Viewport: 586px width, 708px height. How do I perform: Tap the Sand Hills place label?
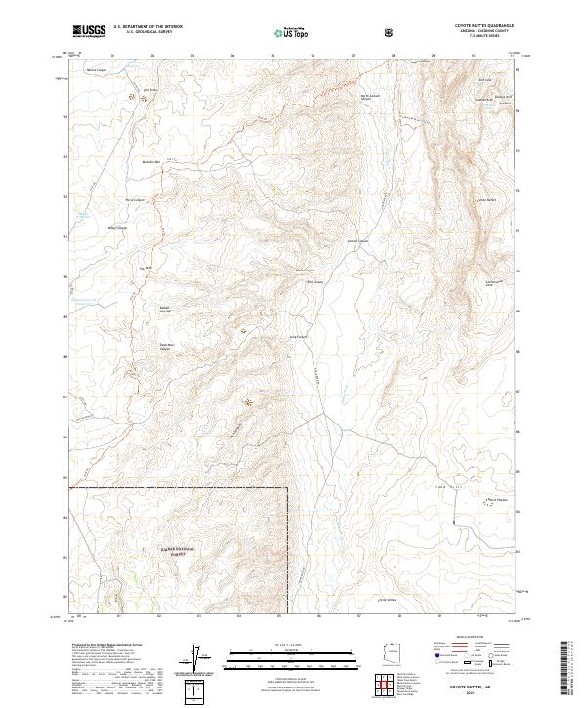[469, 469]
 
